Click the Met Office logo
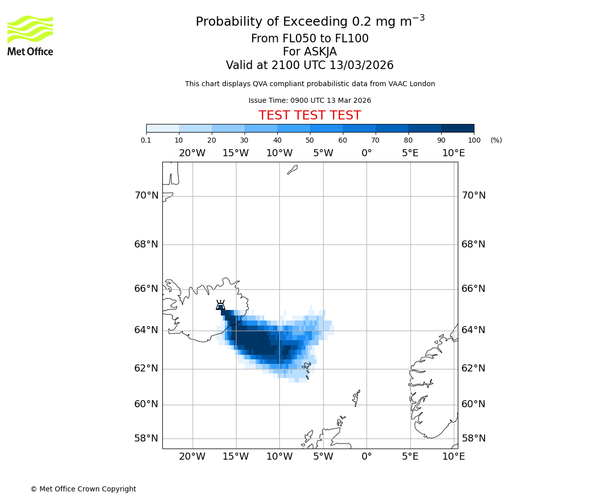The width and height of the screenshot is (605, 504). [30, 35]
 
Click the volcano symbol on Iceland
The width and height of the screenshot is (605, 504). [220, 305]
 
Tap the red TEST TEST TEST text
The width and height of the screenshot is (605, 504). [310, 116]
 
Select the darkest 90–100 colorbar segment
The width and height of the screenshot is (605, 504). [457, 129]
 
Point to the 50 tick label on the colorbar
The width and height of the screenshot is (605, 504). [310, 140]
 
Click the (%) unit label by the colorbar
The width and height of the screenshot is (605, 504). [496, 140]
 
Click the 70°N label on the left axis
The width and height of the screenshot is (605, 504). [146, 196]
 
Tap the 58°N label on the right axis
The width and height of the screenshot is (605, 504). [473, 438]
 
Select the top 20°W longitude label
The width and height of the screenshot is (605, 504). [192, 153]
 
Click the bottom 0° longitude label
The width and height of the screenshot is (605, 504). [367, 457]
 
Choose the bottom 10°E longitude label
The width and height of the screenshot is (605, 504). [453, 457]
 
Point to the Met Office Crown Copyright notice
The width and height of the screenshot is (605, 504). [83, 489]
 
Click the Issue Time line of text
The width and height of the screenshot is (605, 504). [310, 101]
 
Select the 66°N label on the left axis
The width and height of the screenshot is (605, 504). [146, 289]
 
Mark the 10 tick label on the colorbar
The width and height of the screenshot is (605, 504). [179, 140]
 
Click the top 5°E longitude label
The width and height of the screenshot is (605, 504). [410, 153]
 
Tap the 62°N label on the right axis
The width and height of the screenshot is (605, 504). [473, 368]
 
